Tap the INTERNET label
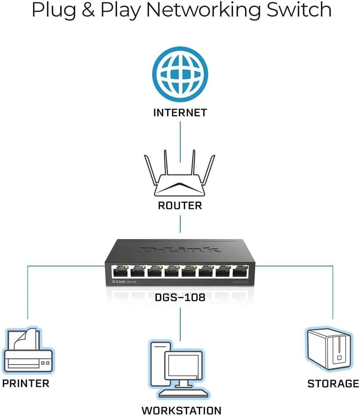tap(180, 113)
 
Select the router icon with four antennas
tap(180, 177)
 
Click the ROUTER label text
tap(180, 205)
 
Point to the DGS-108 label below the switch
tap(180, 297)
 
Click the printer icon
tap(28, 353)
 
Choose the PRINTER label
tap(26, 383)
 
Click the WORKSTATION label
tap(181, 410)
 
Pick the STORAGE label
tap(333, 384)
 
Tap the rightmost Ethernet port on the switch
tap(239, 271)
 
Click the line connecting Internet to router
tap(180, 142)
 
